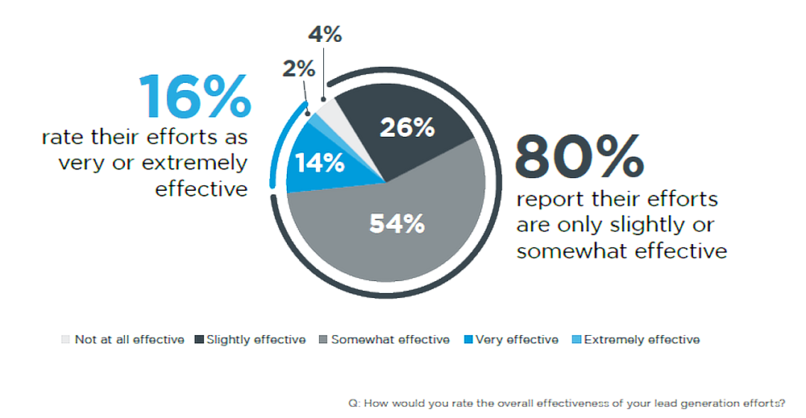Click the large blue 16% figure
point(195,97)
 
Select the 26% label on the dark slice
point(407,127)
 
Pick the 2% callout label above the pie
point(298,70)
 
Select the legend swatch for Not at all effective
point(65,340)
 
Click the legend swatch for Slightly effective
point(198,340)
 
